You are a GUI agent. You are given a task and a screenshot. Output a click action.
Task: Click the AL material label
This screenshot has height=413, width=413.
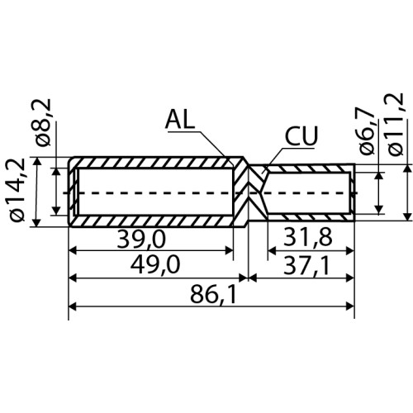click(x=180, y=119)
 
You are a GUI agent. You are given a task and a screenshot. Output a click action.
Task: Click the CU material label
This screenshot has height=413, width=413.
click(x=301, y=136)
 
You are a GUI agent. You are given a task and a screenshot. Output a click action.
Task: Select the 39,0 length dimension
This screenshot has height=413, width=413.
click(x=141, y=240)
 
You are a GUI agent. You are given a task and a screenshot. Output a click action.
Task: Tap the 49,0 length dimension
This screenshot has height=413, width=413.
click(x=155, y=264)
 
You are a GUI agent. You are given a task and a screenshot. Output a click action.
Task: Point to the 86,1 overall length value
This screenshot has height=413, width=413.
click(x=213, y=295)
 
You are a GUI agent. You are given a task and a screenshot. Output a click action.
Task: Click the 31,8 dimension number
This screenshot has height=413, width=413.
click(x=308, y=237)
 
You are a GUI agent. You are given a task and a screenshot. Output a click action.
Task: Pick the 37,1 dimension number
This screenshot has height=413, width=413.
click(x=306, y=266)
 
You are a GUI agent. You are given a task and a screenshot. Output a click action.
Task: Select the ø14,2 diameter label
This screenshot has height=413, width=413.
click(x=18, y=190)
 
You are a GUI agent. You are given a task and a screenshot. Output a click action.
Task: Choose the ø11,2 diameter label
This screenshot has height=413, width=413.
click(x=395, y=125)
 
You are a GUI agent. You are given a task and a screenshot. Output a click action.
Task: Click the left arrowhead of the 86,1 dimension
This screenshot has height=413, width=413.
click(x=73, y=306)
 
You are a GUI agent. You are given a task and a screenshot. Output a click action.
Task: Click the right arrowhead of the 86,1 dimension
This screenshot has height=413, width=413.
click(x=349, y=306)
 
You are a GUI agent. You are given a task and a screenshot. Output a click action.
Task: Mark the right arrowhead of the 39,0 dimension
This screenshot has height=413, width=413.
click(x=230, y=250)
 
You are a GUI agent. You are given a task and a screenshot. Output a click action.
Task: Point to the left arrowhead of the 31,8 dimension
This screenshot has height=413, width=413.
click(x=272, y=251)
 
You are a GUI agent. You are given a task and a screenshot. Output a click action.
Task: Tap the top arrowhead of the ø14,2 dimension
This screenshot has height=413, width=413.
click(x=37, y=161)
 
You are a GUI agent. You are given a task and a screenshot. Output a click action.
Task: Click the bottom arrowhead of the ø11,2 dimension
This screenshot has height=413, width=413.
click(x=407, y=216)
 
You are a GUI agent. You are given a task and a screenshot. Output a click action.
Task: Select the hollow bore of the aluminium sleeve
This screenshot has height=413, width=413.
click(x=156, y=192)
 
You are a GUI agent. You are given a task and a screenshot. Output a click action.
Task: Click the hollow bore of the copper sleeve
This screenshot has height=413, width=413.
click(x=307, y=192)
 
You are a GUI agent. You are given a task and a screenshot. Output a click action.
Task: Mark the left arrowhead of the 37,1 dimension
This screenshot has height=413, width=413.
click(x=253, y=278)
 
